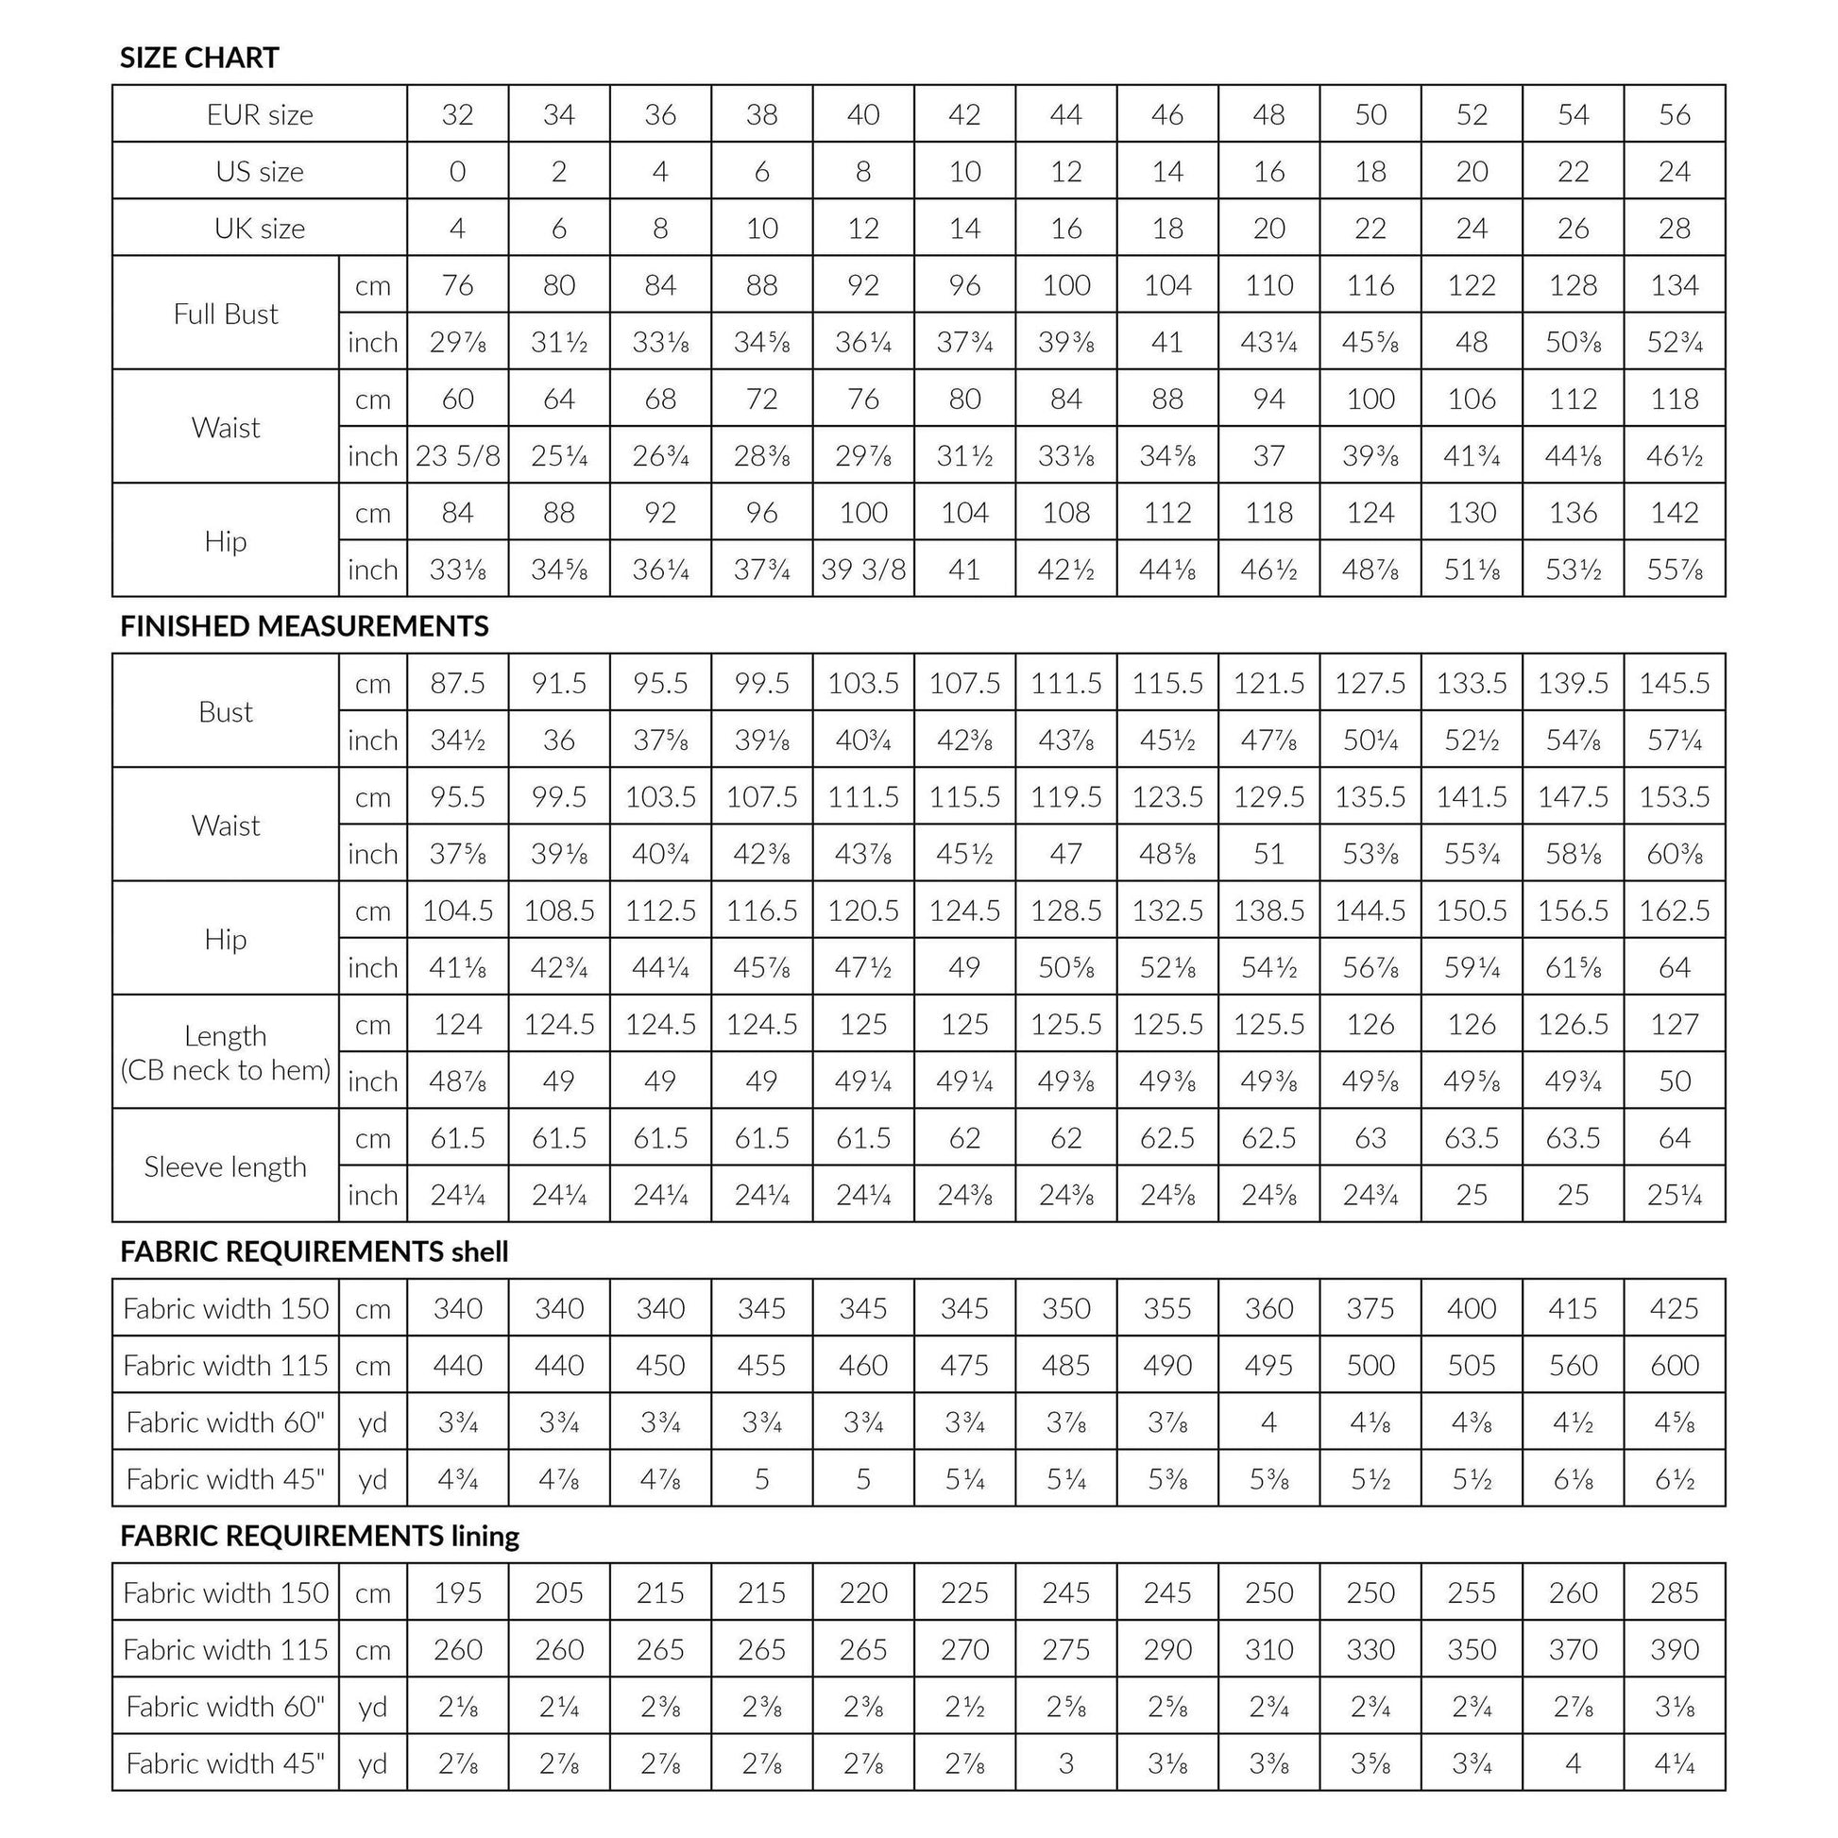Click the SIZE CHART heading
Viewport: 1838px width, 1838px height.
199,58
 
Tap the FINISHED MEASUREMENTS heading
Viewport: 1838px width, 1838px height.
303,626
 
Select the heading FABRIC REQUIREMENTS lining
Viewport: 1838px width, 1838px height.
318,1536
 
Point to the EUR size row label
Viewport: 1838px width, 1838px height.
260,115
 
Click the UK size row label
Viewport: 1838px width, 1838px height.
260,229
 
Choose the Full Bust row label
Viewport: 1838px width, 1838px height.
226,314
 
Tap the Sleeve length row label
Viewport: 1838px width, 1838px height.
226,1166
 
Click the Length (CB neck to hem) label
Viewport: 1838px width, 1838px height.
226,1052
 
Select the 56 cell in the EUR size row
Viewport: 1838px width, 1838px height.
1675,115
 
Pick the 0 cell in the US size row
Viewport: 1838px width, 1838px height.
457,172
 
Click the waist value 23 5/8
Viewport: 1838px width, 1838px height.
457,455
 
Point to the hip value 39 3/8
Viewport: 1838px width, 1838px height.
863,570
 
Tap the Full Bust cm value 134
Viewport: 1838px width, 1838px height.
1675,285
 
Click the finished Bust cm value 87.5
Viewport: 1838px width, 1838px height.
457,683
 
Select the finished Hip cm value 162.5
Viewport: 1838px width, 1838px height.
1675,910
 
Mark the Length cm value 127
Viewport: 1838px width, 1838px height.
1675,1025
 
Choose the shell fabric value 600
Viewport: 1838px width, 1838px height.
1675,1365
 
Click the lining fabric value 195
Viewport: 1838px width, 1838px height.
457,1592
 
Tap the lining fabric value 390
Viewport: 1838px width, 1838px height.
1675,1650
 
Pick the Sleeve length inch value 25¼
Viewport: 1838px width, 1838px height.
1675,1195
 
